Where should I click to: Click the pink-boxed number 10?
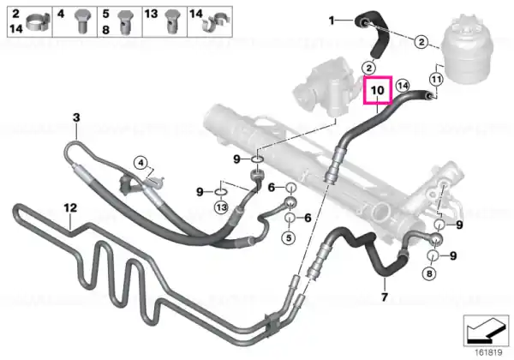coord(377,90)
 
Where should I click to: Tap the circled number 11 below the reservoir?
coord(436,79)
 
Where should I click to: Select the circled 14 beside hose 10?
coord(403,86)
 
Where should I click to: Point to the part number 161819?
coord(489,352)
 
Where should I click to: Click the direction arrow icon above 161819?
coord(486,331)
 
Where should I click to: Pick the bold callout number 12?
coord(70,207)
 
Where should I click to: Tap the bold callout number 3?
coord(76,117)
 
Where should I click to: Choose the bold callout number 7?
coord(384,297)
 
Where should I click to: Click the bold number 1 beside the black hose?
coord(332,21)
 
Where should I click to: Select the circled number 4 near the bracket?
coord(140,163)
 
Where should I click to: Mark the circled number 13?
coord(221,207)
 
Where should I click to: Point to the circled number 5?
coord(289,237)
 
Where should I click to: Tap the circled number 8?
coord(429,273)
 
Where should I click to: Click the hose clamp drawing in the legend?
coord(38,21)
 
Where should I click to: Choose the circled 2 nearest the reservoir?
coord(421,42)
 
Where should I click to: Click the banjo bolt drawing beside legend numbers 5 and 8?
coord(126,21)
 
